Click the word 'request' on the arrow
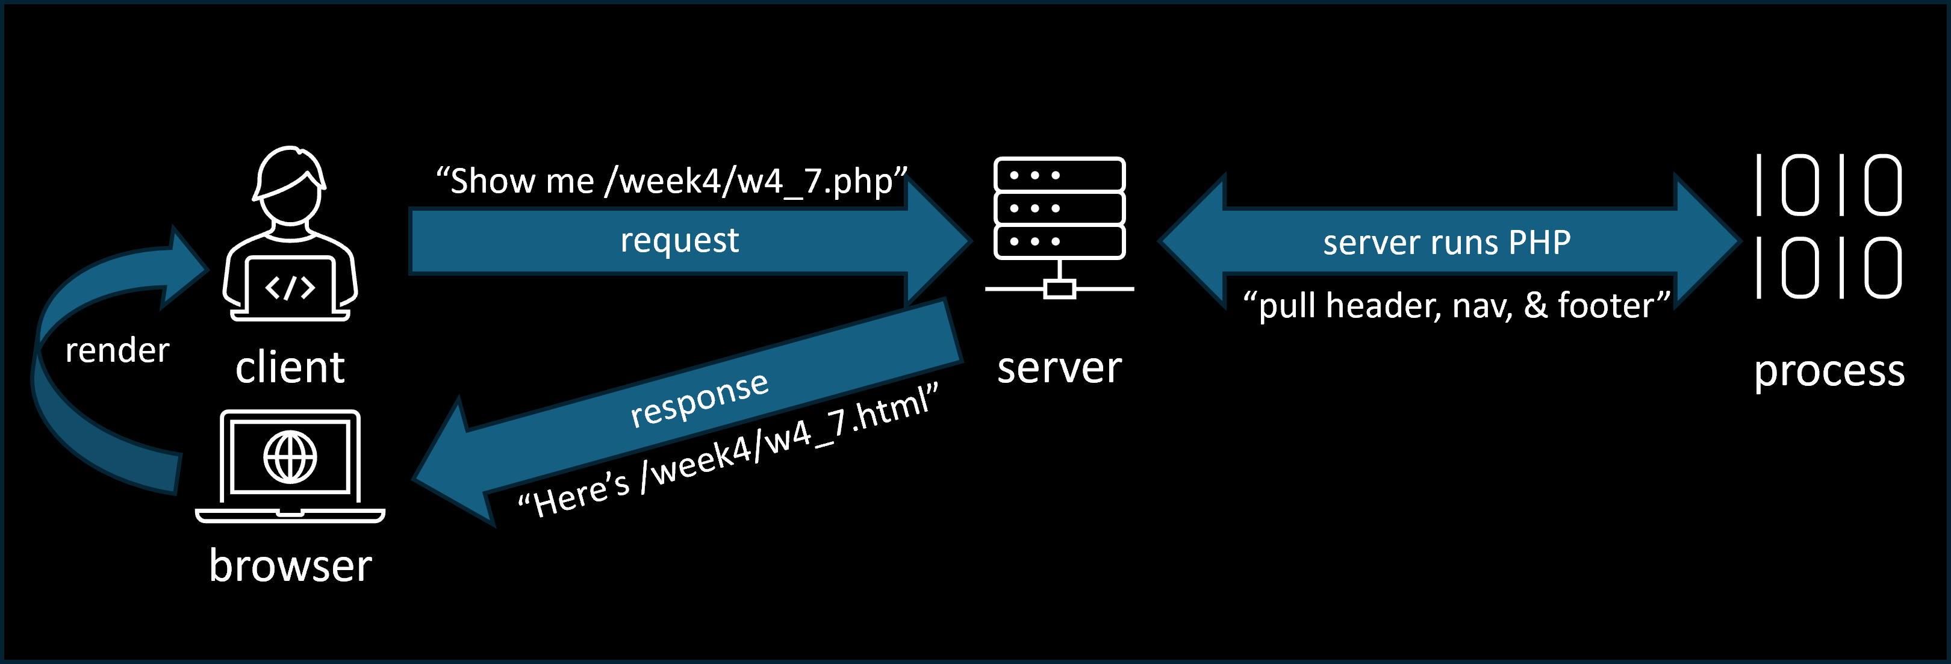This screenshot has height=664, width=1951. (679, 241)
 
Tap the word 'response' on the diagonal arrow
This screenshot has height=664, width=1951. (699, 399)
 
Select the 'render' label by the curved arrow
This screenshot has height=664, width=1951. (117, 350)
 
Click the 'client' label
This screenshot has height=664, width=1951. (290, 368)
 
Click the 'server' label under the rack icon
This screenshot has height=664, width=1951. (1059, 368)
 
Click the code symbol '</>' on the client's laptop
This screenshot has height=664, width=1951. (290, 288)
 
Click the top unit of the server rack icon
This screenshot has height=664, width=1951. (1059, 175)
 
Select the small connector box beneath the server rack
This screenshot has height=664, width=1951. (1059, 289)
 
